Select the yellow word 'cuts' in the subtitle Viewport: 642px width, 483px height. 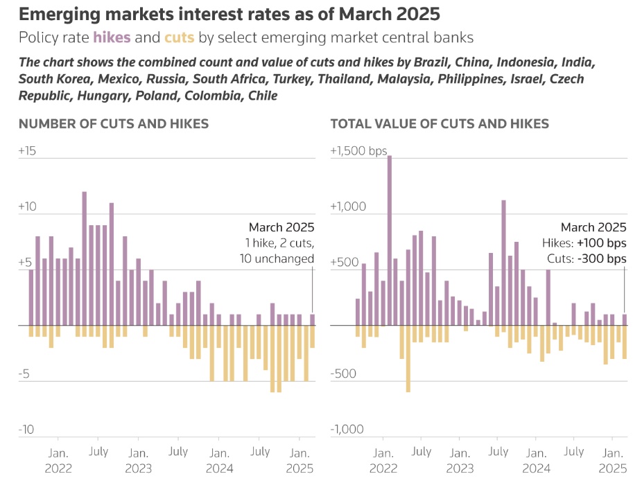click(x=180, y=37)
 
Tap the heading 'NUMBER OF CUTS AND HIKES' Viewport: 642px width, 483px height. click(x=114, y=124)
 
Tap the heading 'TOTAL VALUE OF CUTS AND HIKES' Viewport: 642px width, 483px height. click(x=440, y=124)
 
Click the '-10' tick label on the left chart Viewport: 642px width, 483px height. click(x=26, y=430)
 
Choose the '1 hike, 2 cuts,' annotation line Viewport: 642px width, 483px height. click(x=280, y=243)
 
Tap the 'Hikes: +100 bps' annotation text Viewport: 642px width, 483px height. click(x=584, y=243)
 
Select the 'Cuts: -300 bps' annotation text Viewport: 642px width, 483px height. click(x=587, y=258)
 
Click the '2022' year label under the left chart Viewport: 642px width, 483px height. click(x=58, y=467)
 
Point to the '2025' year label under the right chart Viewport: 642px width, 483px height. click(x=612, y=467)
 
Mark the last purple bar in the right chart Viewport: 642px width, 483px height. click(x=625, y=319)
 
